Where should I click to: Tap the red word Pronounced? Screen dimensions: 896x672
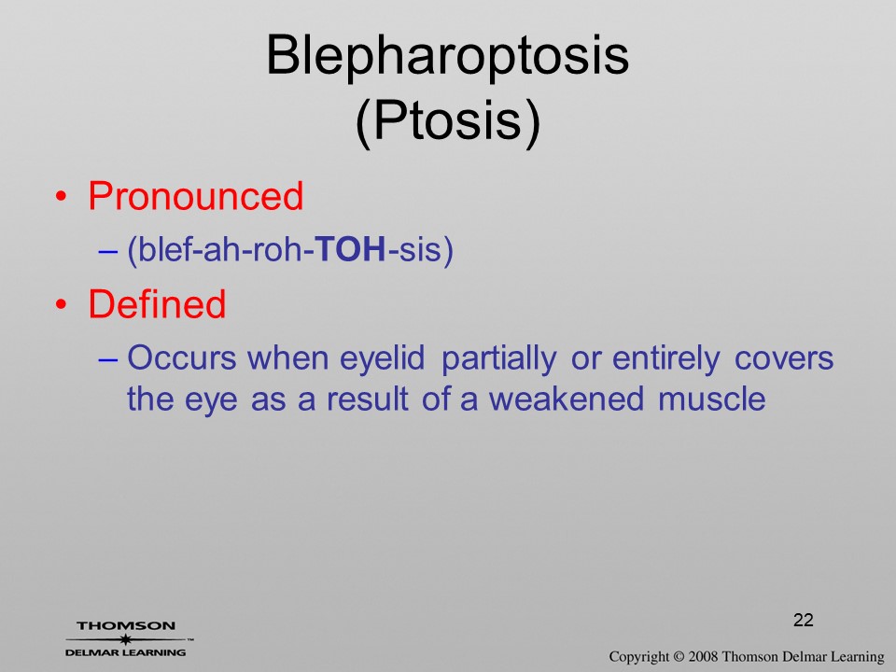(x=195, y=196)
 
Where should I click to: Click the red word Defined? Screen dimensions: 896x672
(x=157, y=303)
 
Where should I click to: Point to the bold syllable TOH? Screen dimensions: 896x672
(x=351, y=249)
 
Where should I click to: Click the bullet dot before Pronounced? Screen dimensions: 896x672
(x=62, y=197)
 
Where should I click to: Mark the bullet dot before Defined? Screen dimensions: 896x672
(x=62, y=304)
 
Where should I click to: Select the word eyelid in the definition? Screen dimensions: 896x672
(x=382, y=359)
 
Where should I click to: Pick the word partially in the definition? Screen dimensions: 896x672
(x=498, y=359)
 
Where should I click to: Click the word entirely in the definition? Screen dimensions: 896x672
(x=665, y=359)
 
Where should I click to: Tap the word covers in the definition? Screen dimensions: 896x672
(x=784, y=359)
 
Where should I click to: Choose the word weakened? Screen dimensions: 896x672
(x=567, y=399)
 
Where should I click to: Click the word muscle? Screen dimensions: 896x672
(x=711, y=399)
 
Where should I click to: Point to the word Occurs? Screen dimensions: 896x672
(x=181, y=358)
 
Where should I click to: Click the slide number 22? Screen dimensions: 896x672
(x=803, y=620)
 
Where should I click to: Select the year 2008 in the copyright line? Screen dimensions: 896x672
(x=703, y=656)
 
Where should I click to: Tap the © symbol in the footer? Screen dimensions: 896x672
(x=679, y=657)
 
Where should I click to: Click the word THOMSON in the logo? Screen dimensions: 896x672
(x=126, y=625)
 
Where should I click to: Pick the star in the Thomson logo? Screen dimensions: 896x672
(x=125, y=639)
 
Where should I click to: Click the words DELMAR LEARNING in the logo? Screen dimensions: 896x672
(x=126, y=652)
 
